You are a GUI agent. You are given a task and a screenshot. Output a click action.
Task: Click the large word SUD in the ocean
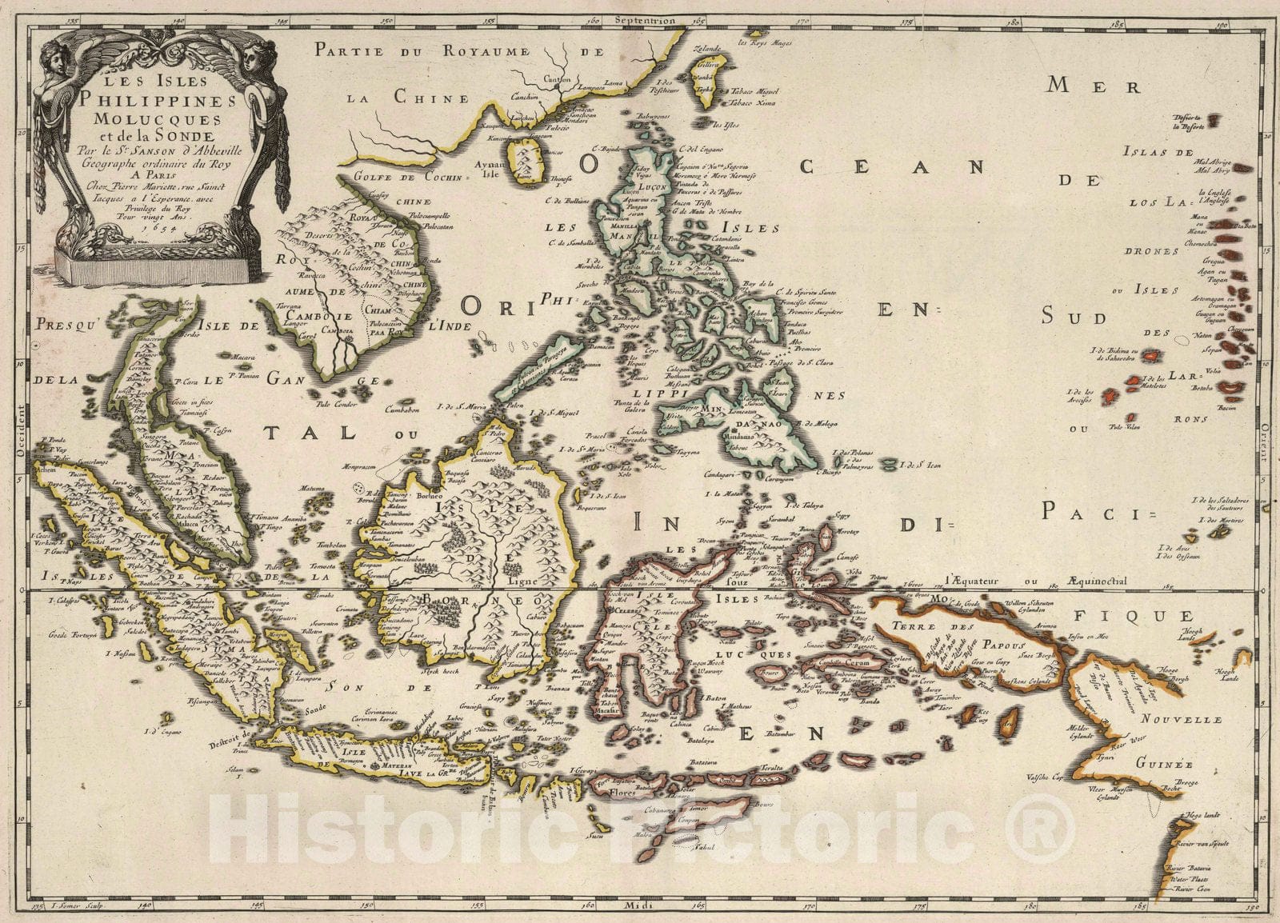click(1074, 318)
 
